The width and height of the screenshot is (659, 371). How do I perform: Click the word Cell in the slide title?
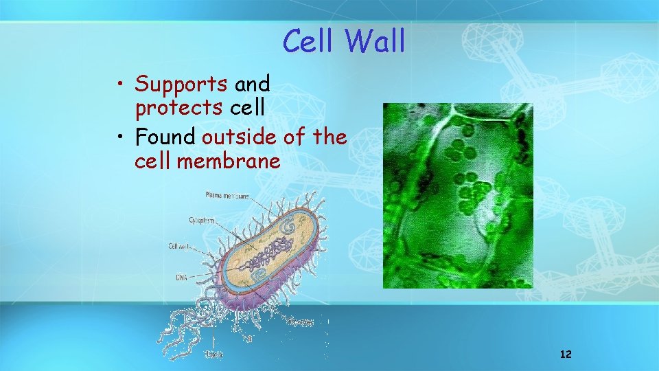pyautogui.click(x=311, y=41)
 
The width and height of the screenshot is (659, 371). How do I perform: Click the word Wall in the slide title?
pyautogui.click(x=375, y=41)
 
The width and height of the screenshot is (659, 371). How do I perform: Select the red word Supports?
pyautogui.click(x=181, y=85)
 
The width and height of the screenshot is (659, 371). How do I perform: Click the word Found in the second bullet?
pyautogui.click(x=165, y=137)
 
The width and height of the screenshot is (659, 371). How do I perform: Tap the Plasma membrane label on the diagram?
pyautogui.click(x=227, y=195)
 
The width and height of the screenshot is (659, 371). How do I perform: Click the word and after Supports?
pyautogui.click(x=252, y=85)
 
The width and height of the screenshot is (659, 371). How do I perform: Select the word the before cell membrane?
pyautogui.click(x=329, y=137)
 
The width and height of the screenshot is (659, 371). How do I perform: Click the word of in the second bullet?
pyautogui.click(x=294, y=137)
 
